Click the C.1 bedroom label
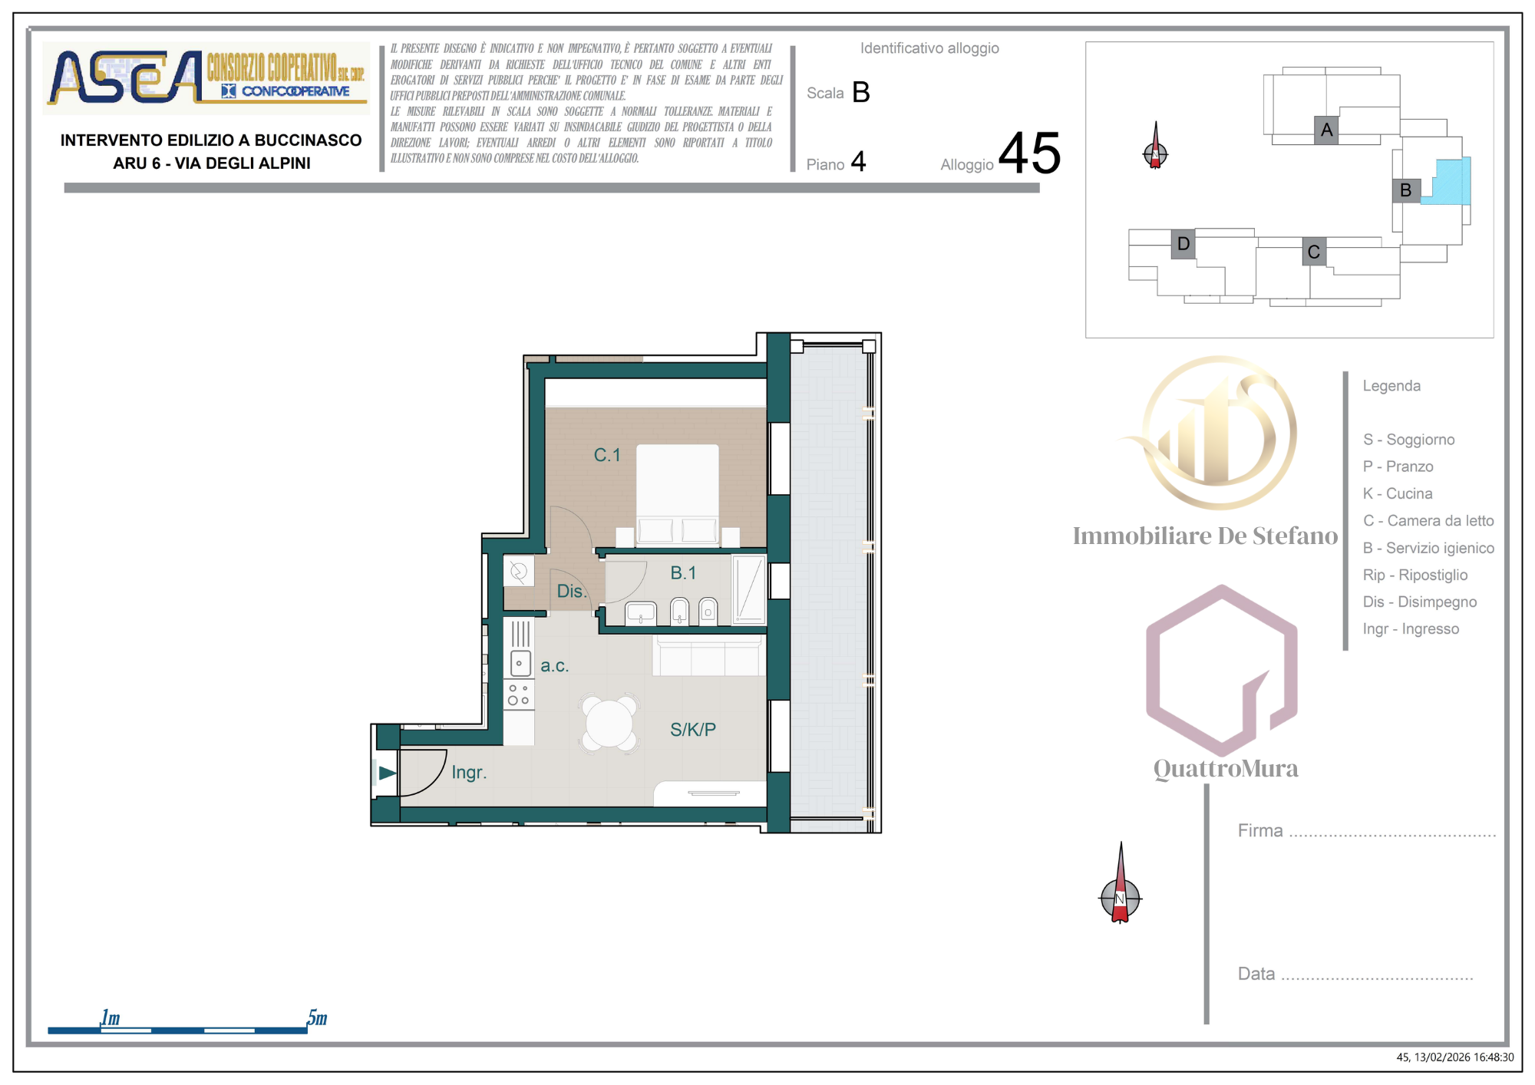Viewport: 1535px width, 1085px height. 606,455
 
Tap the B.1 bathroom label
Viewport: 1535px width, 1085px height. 683,572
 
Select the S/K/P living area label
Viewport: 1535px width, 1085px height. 692,730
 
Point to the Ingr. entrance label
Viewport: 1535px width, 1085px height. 468,773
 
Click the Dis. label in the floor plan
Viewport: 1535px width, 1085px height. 571,592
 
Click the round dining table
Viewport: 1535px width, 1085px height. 609,724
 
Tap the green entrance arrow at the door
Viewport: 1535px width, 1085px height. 387,773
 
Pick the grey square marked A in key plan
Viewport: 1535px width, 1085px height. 1326,130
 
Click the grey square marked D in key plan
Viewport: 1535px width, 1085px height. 1183,244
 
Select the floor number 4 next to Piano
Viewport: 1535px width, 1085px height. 858,162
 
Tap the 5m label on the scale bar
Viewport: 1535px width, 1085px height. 317,1017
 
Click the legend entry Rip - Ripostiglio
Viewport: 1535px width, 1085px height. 1415,575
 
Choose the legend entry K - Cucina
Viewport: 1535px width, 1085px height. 1397,493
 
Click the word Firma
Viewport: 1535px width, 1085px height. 1259,830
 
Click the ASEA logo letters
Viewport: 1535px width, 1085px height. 123,77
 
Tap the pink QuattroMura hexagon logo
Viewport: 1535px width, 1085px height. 1221,670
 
